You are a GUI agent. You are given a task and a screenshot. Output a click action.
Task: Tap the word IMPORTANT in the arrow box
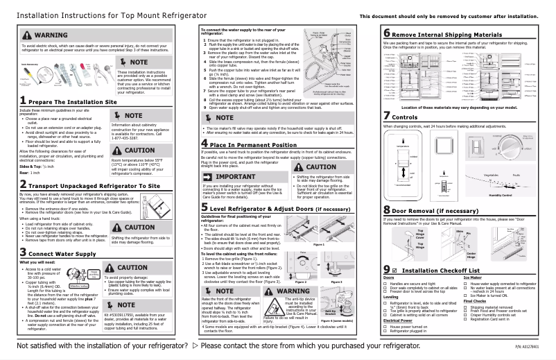pyautogui.click(x=234, y=178)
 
